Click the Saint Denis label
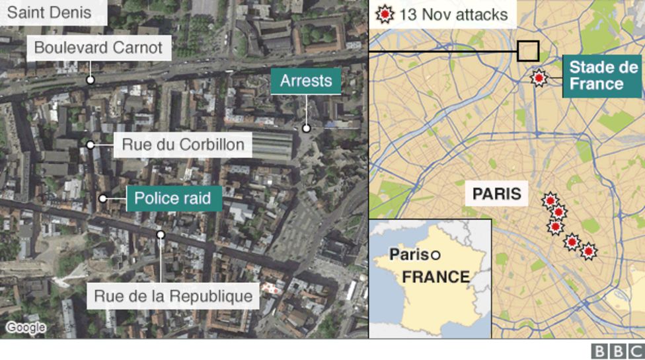tap(45, 13)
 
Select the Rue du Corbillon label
tap(182, 145)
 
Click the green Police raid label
tap(174, 198)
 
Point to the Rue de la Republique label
tap(173, 296)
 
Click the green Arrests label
tap(305, 81)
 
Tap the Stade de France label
tap(603, 76)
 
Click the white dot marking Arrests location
tap(307, 129)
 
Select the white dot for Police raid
tap(103, 198)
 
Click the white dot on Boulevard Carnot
tap(91, 80)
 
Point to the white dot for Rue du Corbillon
tap(91, 145)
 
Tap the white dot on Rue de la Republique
tap(161, 234)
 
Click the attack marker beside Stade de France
tap(539, 79)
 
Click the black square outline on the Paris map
tap(528, 52)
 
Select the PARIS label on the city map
tap(496, 194)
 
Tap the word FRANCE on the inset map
tap(436, 277)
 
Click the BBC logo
tap(617, 351)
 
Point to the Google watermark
tap(26, 328)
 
